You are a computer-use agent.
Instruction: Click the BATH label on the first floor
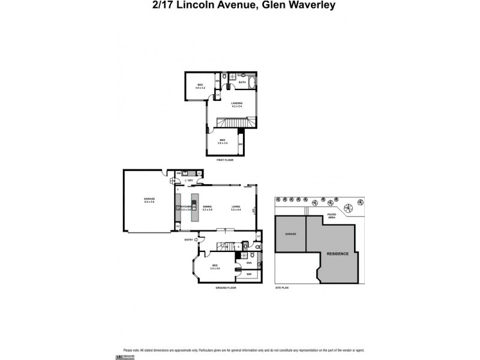click(242, 82)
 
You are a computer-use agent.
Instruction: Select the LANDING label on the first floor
click(236, 104)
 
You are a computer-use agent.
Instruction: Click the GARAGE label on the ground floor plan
click(149, 199)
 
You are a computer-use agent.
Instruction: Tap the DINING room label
click(208, 208)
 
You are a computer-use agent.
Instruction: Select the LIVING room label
click(236, 208)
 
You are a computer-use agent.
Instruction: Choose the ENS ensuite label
click(248, 263)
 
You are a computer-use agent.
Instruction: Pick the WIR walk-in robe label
click(248, 274)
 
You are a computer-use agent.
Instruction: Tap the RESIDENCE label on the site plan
click(337, 254)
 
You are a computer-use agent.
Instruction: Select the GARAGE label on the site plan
click(290, 234)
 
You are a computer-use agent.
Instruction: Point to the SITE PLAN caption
click(282, 288)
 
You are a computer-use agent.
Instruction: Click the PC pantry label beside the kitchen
click(178, 226)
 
